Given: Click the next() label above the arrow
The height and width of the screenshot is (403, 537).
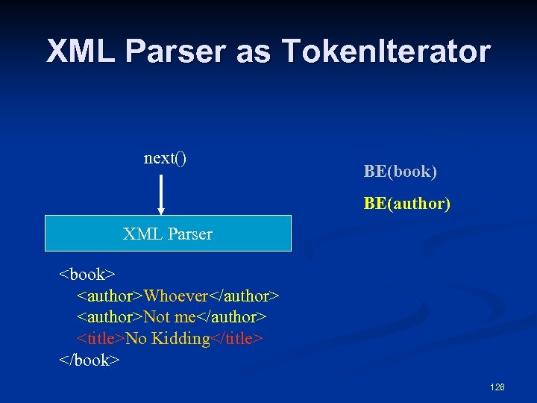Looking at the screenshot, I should click(x=165, y=157).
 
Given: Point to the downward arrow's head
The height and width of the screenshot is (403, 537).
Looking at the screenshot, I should click(x=160, y=210).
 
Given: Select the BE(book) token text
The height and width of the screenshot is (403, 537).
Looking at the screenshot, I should click(x=400, y=172).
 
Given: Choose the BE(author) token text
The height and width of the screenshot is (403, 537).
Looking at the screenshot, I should click(x=406, y=203).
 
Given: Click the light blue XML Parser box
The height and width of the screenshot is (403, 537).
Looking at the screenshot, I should click(x=168, y=234).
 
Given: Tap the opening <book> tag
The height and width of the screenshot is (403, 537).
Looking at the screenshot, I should click(x=82, y=275).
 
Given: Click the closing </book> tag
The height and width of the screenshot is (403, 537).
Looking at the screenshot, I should click(x=89, y=360).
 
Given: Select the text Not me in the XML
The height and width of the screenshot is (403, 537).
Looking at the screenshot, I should click(x=169, y=317).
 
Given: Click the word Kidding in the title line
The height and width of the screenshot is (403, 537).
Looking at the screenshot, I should click(x=180, y=339).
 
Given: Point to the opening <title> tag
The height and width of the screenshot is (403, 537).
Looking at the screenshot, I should click(x=101, y=339).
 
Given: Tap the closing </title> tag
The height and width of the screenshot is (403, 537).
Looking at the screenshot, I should click(x=237, y=339).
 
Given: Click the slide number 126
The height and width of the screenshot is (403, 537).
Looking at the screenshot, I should click(x=497, y=387).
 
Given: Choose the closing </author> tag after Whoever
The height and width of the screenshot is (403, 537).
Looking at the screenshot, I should click(x=242, y=296).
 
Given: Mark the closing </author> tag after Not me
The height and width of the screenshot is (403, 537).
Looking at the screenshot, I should click(x=231, y=317).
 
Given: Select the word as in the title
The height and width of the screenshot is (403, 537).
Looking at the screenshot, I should click(x=255, y=51).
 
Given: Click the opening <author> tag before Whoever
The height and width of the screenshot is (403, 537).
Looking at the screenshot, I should click(x=110, y=296).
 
